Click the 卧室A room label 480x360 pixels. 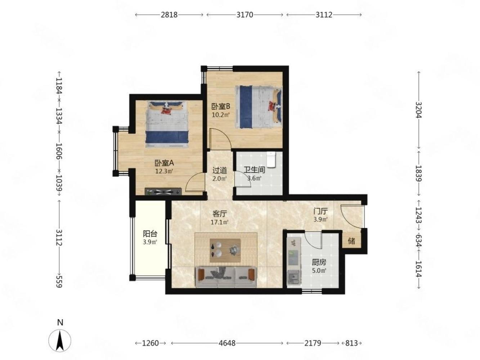click(164, 163)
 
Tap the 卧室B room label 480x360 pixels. click(221, 107)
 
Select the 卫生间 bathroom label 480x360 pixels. click(255, 170)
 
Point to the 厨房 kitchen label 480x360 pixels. click(319, 262)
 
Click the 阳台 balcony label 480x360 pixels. click(150, 234)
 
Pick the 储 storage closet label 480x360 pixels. click(351, 241)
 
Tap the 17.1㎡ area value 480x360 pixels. click(220, 222)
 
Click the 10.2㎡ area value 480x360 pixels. click(221, 115)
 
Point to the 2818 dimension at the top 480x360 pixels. click(169, 15)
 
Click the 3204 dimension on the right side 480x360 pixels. click(418, 110)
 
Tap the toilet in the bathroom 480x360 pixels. click(272, 160)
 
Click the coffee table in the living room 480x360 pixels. click(225, 251)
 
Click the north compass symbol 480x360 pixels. click(60, 337)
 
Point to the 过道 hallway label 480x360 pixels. click(220, 170)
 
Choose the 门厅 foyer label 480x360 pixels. click(320, 211)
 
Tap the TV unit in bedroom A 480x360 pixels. click(163, 192)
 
